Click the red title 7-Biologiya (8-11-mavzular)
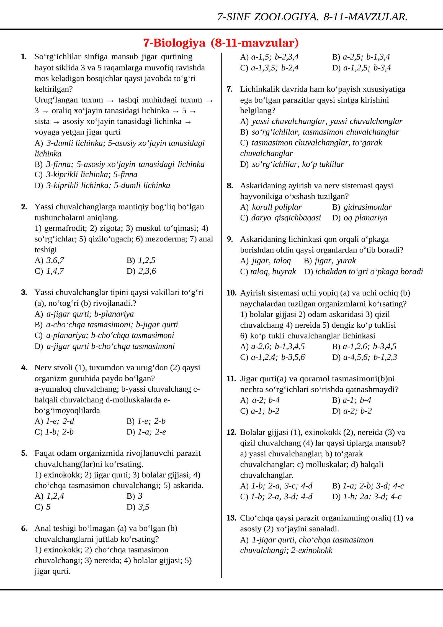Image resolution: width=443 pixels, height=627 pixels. (221, 43)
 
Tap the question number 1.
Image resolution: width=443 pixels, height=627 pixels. (24, 57)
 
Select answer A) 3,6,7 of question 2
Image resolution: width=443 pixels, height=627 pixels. (49, 260)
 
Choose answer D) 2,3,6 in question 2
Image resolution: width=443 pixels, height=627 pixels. (141, 271)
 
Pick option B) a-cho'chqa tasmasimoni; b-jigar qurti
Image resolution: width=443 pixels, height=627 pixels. (106, 325)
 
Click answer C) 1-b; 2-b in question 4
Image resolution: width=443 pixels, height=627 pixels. (54, 432)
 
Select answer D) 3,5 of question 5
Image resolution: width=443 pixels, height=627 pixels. (138, 507)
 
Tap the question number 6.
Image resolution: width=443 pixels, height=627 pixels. (24, 528)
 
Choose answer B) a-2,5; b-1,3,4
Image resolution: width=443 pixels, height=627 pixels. (361, 57)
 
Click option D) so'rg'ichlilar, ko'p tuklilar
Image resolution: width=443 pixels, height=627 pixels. (292, 164)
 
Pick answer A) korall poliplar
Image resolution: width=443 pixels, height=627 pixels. (271, 207)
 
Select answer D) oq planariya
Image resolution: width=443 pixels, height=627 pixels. (360, 218)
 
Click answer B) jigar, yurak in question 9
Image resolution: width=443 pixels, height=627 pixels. (329, 261)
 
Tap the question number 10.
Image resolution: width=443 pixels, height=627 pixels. (231, 293)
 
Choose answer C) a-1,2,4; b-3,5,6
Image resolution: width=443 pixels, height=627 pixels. (272, 357)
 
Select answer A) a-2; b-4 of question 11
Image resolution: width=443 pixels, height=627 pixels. (260, 400)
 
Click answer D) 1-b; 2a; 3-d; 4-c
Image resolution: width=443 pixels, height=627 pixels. (367, 497)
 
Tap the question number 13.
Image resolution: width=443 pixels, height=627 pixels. (231, 518)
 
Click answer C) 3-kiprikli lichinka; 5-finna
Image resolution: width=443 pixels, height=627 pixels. (86, 175)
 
